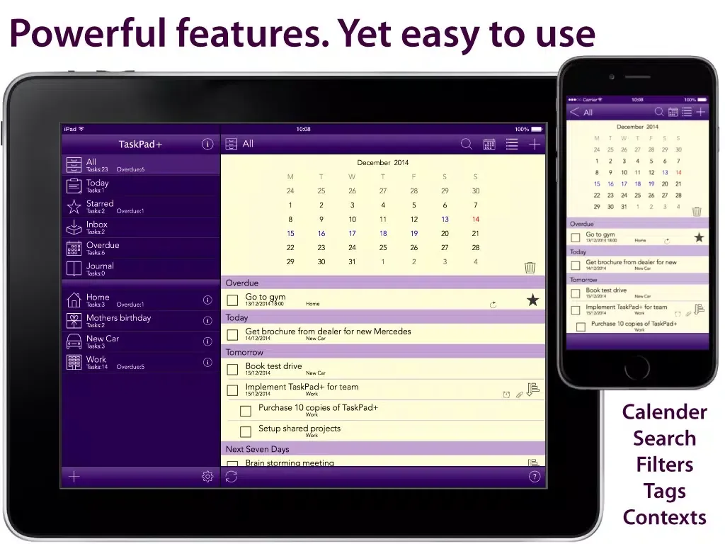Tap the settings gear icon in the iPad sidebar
[207, 477]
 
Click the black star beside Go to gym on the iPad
[532, 300]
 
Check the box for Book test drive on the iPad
[232, 370]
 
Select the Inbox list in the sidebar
[97, 227]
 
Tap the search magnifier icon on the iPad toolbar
[467, 144]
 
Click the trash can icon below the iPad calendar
[530, 267]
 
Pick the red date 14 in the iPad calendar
[475, 220]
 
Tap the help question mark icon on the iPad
[535, 477]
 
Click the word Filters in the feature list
[664, 465]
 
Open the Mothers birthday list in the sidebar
[118, 320]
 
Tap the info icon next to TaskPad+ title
[207, 144]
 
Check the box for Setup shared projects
[246, 431]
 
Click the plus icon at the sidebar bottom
[74, 477]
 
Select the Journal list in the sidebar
[100, 268]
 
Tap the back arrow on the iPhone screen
[574, 112]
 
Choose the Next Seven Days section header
[258, 449]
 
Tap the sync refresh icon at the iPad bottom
[232, 477]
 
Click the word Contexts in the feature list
[664, 517]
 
